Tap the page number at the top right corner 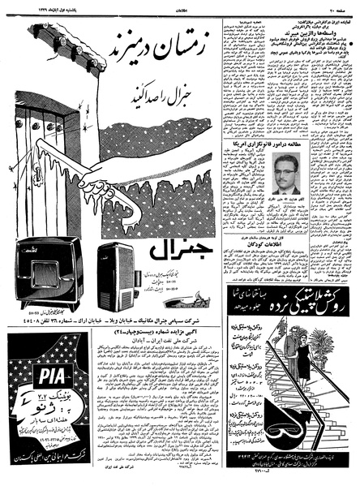[x=344, y=6]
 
